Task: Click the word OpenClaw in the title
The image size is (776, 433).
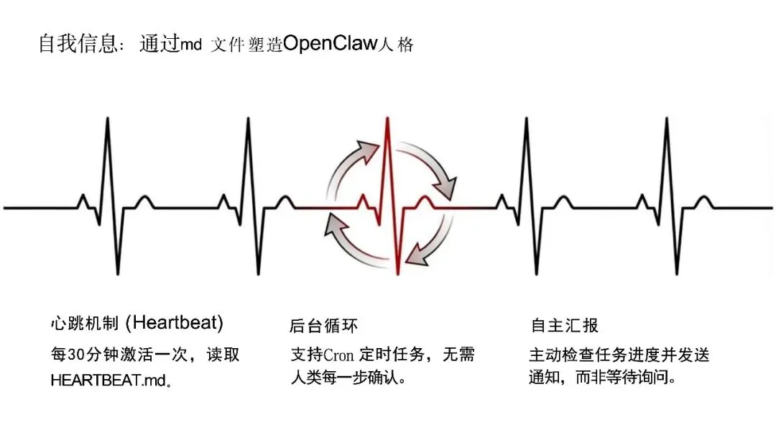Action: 330,44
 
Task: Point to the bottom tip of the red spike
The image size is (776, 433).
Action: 397,274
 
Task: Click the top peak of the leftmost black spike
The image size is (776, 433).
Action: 108,119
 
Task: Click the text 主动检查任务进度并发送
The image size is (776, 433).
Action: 619,355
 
